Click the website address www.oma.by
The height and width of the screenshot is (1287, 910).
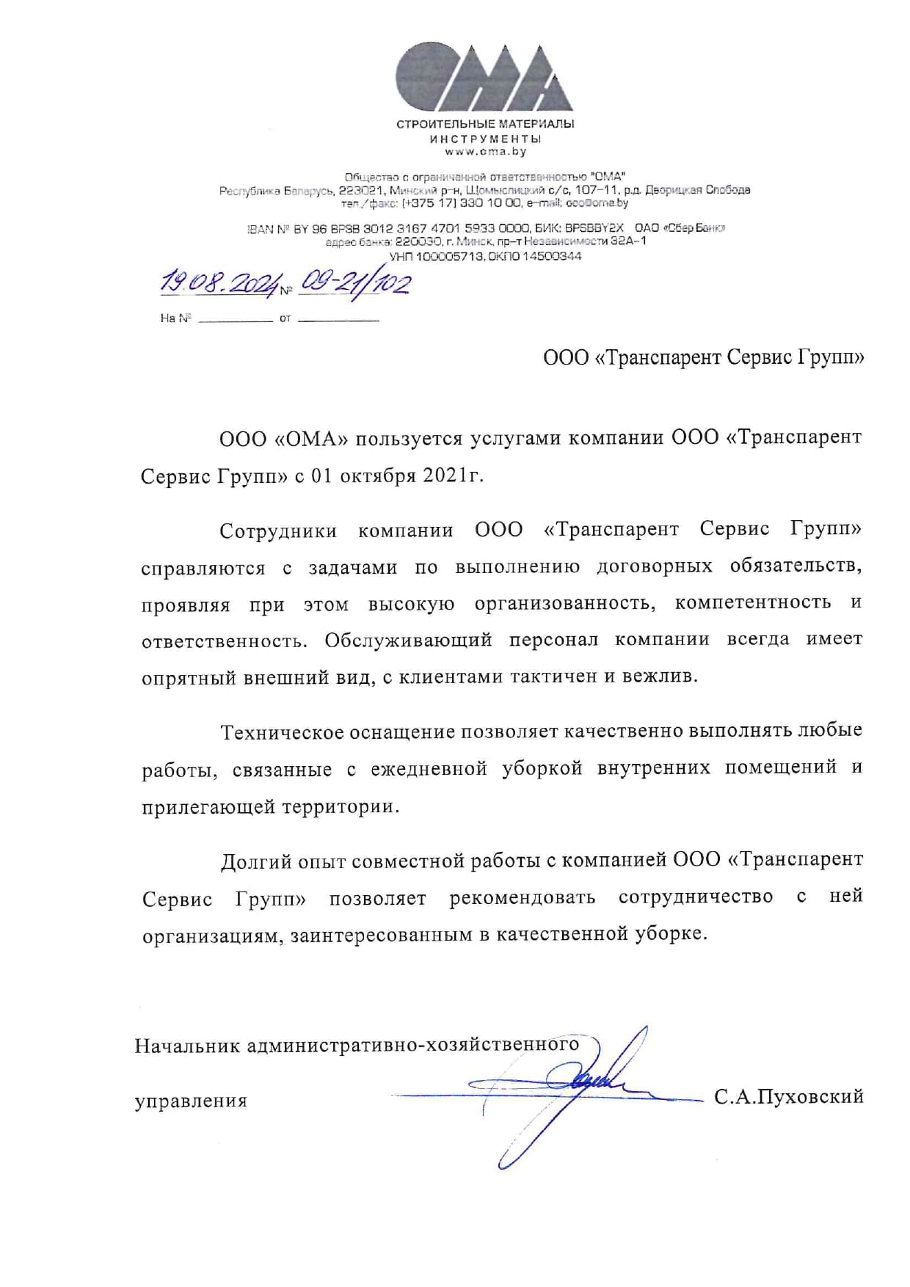pyautogui.click(x=485, y=152)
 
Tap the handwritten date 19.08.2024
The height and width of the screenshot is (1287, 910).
pyautogui.click(x=220, y=283)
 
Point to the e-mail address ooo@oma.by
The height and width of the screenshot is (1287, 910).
pyautogui.click(x=597, y=203)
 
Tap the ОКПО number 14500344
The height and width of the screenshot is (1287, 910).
pyautogui.click(x=553, y=256)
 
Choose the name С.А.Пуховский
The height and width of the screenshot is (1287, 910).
pyautogui.click(x=788, y=1097)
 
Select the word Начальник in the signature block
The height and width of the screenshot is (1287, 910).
pyautogui.click(x=187, y=1045)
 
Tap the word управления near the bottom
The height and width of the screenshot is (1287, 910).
pyautogui.click(x=191, y=1101)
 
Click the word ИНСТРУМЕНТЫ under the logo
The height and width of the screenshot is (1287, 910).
pyautogui.click(x=485, y=139)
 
